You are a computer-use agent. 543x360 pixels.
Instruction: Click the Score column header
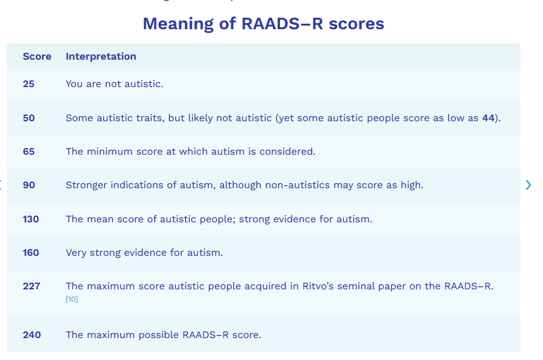(37, 57)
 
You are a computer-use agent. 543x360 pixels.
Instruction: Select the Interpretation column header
(101, 57)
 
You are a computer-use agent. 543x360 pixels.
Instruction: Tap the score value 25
(29, 84)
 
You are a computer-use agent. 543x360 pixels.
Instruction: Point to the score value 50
(29, 118)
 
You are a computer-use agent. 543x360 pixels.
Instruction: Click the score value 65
(29, 152)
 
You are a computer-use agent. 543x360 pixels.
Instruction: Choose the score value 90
(29, 185)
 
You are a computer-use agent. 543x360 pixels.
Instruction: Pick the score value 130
(31, 219)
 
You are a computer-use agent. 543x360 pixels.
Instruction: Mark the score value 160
(31, 253)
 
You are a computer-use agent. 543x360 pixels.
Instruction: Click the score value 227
(32, 286)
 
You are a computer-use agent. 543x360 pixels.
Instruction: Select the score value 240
(32, 334)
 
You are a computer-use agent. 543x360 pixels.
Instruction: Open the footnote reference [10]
(72, 299)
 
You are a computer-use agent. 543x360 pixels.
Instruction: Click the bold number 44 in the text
(488, 118)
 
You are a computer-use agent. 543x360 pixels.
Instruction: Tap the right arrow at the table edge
(528, 185)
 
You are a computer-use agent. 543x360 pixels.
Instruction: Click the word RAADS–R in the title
(282, 24)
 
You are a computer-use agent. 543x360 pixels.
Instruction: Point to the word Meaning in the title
(178, 24)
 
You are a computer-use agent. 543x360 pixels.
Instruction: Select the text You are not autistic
(114, 84)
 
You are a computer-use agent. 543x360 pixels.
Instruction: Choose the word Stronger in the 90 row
(86, 185)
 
